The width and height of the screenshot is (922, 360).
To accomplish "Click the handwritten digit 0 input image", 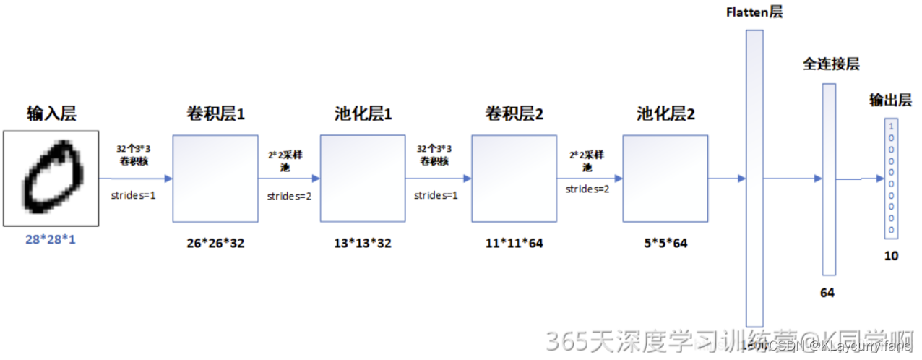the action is [x=51, y=177].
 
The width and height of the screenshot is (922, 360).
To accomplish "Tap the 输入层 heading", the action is [x=51, y=113].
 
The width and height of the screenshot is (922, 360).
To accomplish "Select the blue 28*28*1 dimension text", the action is [x=51, y=239].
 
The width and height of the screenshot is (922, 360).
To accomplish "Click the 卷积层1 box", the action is [x=215, y=178].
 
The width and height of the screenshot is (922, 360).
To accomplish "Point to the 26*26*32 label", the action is [x=215, y=244].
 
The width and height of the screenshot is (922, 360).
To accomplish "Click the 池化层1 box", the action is [x=363, y=178].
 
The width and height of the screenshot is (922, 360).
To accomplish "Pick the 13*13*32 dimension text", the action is [x=363, y=244].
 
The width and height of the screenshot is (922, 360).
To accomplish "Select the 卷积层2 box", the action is [x=514, y=178].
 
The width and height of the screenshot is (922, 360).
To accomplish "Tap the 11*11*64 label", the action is [x=514, y=244].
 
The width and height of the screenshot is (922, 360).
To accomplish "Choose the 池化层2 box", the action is [x=665, y=178].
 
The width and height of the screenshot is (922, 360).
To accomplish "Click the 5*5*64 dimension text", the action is [x=665, y=244].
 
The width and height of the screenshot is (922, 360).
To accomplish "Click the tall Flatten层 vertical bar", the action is [x=754, y=178].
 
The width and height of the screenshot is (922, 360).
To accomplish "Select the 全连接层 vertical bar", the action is [x=829, y=179].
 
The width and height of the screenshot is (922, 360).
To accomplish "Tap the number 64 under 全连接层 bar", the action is [x=827, y=293].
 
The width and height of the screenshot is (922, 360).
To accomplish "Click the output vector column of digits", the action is [x=892, y=178].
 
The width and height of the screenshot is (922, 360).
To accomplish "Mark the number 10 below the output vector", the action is [x=892, y=255].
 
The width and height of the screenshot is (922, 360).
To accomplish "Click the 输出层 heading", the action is [x=890, y=100].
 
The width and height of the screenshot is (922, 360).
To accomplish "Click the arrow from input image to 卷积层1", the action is [x=135, y=178].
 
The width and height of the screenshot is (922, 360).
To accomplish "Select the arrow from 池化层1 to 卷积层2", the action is [x=438, y=178].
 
